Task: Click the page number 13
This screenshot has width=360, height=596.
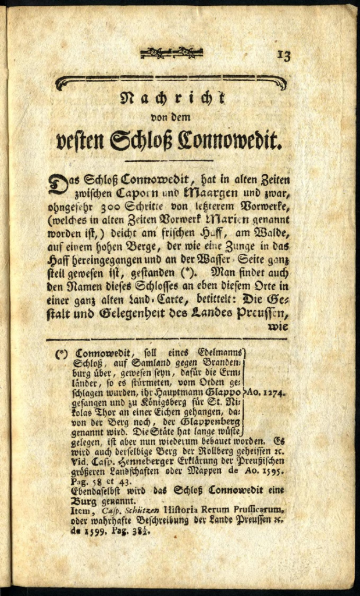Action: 283,55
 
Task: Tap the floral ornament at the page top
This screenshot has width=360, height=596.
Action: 171,53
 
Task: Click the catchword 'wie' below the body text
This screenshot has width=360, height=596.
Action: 277,327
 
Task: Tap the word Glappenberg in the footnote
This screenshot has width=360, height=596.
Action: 213,423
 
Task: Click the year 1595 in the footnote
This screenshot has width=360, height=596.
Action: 271,471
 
